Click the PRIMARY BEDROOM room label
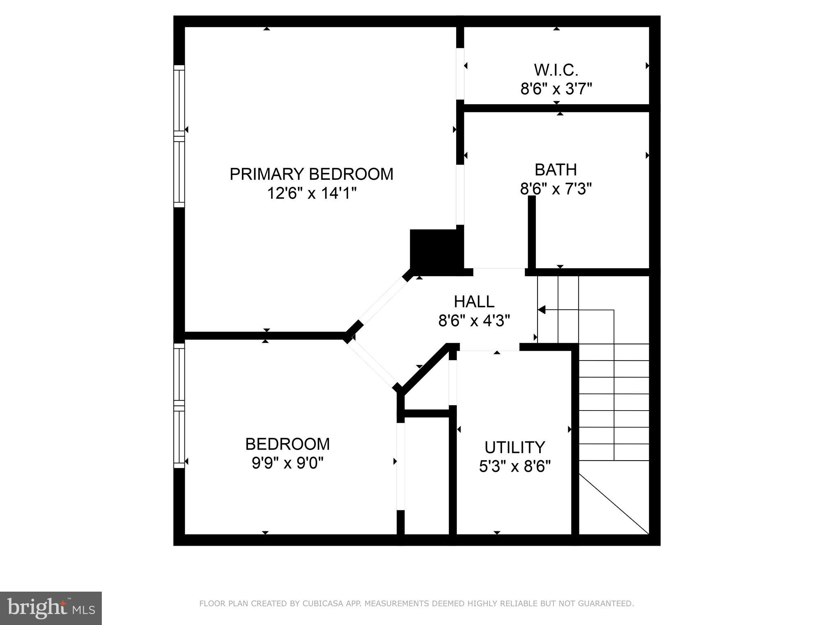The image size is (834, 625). click(x=312, y=174)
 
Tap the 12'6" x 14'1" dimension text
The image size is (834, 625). click(x=312, y=193)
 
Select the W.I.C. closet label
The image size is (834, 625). click(x=556, y=70)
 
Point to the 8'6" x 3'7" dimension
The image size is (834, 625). click(x=556, y=89)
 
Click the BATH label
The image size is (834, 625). click(x=555, y=170)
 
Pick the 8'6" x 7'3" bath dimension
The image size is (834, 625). click(x=555, y=189)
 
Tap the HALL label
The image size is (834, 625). click(x=474, y=302)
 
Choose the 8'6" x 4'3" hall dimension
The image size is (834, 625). click(x=474, y=321)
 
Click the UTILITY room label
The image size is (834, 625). click(x=515, y=448)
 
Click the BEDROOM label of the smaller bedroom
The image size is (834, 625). click(x=288, y=444)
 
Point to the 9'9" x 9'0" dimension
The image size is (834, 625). click(x=288, y=463)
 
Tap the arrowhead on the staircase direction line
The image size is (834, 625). click(x=541, y=310)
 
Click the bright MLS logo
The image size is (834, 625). click(x=51, y=608)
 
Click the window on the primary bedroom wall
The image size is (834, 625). click(x=179, y=136)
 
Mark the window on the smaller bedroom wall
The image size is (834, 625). click(x=179, y=406)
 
